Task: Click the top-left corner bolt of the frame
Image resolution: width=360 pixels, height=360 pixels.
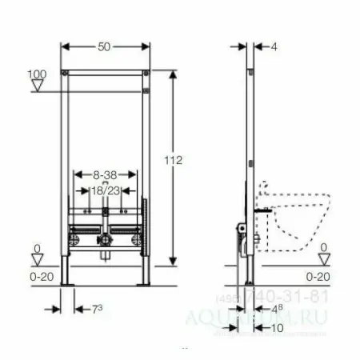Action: [64, 75]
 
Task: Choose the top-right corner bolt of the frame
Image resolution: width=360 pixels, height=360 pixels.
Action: [146, 75]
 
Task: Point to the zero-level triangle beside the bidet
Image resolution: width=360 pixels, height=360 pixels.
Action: [322, 258]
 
